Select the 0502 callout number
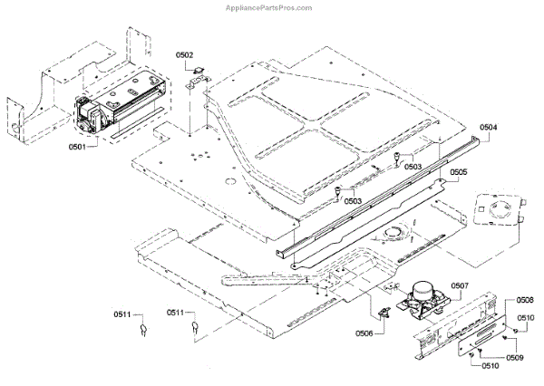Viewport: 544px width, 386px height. pos(185,55)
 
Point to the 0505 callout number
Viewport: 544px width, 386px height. pos(459,171)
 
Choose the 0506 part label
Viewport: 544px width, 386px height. pos(364,333)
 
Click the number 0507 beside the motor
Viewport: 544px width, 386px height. pos(459,285)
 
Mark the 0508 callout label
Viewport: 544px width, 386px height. pos(524,299)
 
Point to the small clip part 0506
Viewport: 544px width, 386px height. pos(384,314)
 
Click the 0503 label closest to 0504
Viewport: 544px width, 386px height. pos(413,166)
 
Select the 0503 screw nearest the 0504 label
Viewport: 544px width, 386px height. pos(397,160)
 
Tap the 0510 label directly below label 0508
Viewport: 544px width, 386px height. pos(526,318)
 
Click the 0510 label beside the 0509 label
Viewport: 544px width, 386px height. pos(489,366)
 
